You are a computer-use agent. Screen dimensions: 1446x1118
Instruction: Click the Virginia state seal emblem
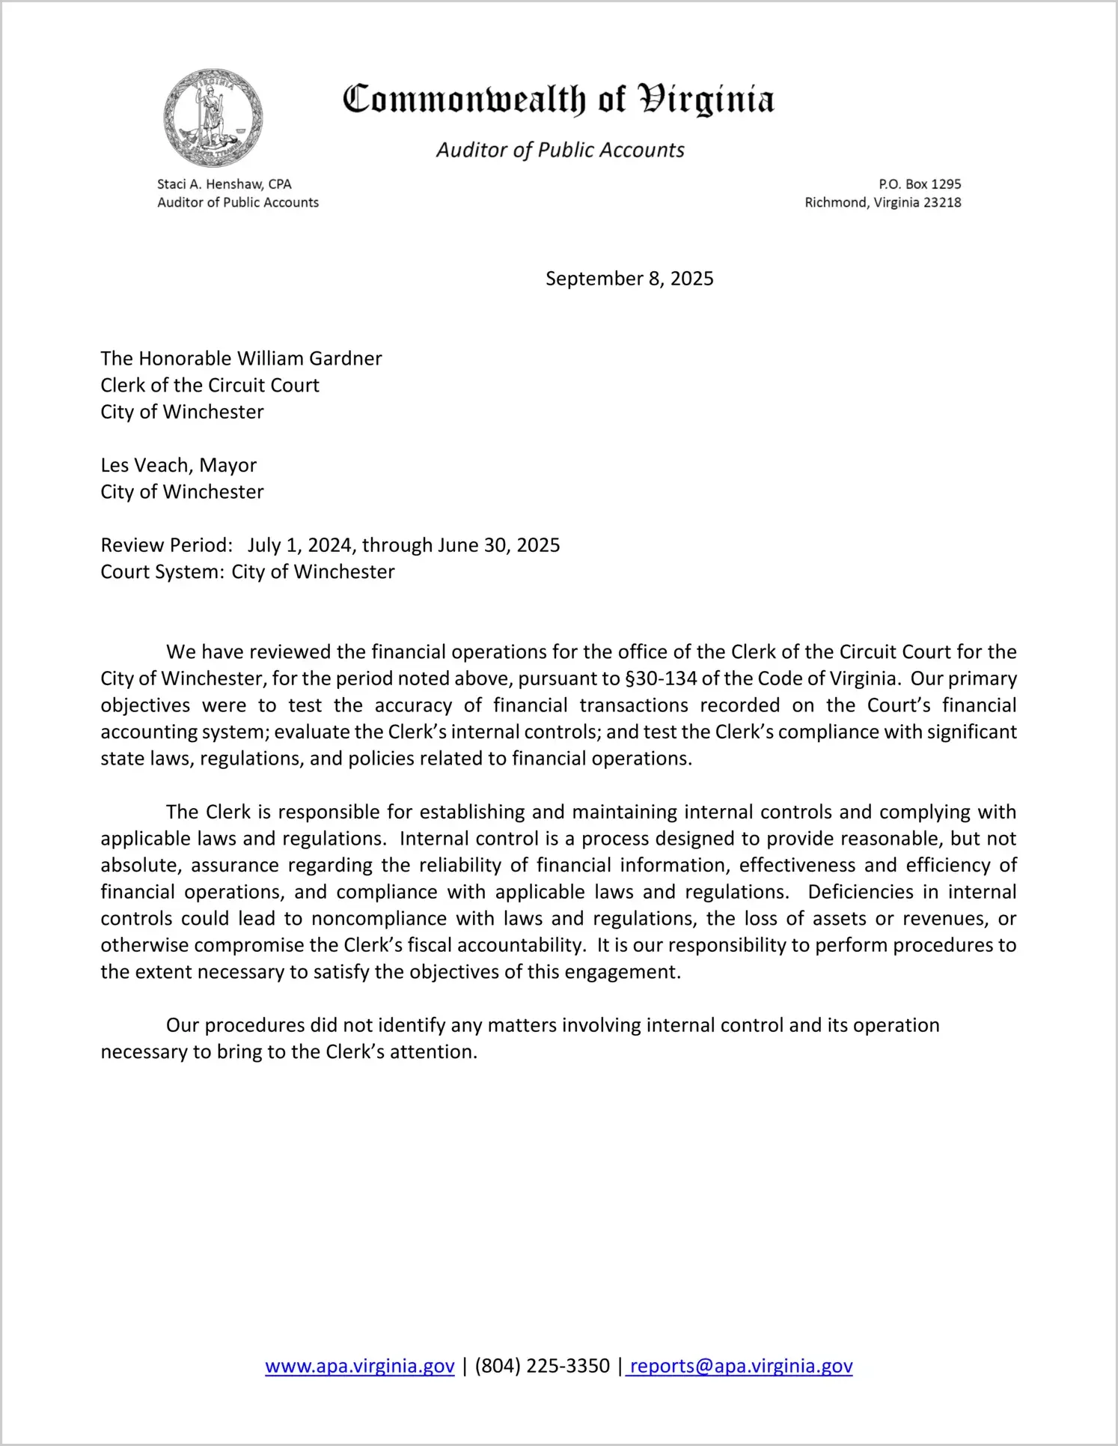click(213, 118)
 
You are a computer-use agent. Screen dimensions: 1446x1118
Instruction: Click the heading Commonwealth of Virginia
click(558, 100)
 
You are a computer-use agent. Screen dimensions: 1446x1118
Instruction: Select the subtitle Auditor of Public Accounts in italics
click(560, 151)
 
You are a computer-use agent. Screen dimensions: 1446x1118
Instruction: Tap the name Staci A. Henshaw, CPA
click(224, 184)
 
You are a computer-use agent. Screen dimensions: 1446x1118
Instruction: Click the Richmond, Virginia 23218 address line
click(882, 203)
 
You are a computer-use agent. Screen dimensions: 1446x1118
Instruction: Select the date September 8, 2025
click(629, 279)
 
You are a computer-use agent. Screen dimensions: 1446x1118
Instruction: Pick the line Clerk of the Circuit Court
click(210, 386)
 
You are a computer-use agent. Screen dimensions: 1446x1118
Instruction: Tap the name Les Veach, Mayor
click(178, 466)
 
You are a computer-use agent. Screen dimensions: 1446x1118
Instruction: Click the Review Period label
click(166, 545)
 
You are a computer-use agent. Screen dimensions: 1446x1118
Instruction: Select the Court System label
click(162, 572)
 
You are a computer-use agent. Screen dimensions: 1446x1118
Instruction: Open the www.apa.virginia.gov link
click(360, 1366)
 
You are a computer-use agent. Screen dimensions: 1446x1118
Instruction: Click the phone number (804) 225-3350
click(542, 1366)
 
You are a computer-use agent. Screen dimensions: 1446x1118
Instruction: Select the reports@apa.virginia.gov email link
click(741, 1366)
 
